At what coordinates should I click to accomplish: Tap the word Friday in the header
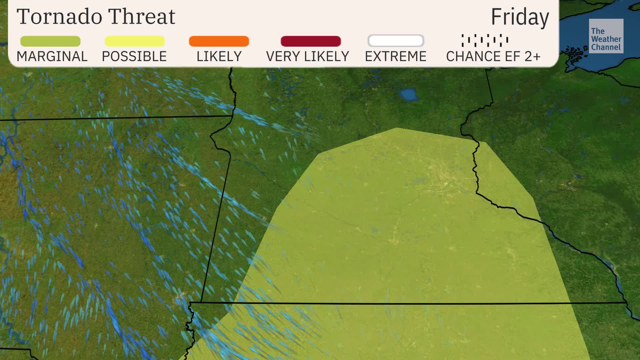pos(520,17)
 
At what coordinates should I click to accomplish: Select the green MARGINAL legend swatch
pos(50,41)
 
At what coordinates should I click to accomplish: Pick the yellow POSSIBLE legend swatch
pos(135,41)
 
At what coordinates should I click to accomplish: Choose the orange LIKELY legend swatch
pos(219,41)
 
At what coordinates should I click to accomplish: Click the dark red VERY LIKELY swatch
pos(311,41)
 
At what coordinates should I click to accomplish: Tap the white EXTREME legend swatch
pos(396,41)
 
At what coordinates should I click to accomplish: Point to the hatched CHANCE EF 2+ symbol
pos(485,40)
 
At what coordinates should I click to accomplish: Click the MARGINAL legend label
pos(52,57)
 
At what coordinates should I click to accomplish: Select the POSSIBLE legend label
pos(134,57)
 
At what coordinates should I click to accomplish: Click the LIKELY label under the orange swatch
pos(219,57)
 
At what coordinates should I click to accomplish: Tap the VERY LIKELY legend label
pos(307,57)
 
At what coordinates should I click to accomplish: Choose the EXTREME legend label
pos(396,57)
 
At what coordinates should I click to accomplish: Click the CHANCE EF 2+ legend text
pos(493,57)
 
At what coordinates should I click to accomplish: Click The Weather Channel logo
pos(606,36)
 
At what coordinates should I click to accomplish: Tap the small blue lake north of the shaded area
pos(409,95)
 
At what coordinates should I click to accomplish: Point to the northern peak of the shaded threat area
pos(397,129)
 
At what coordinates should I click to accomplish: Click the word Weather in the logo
pos(606,39)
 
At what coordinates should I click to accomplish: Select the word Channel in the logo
pos(606,47)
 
